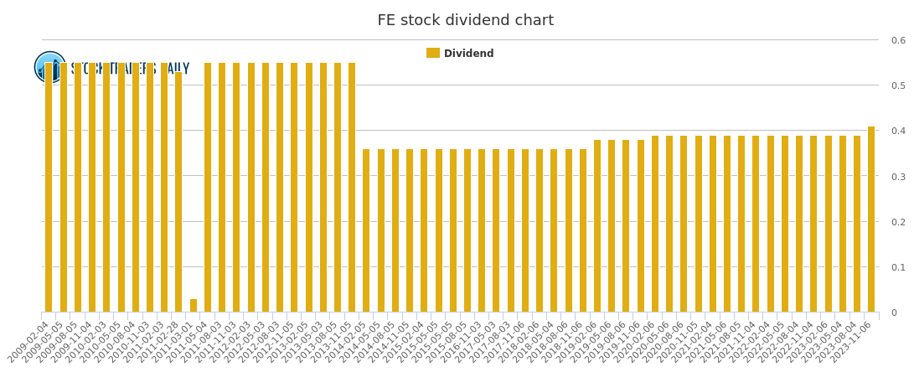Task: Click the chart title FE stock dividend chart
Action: tap(465, 21)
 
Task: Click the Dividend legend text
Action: tap(468, 54)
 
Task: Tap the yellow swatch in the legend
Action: tap(433, 54)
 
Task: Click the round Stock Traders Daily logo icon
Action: tap(50, 67)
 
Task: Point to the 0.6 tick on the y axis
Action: tap(898, 40)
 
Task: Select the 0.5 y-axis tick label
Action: tap(898, 85)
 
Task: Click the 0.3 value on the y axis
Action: tap(898, 177)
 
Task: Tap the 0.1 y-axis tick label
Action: tap(898, 267)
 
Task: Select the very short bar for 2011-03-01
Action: tap(194, 306)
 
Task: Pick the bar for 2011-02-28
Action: tap(178, 192)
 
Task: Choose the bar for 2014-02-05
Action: tap(366, 230)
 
